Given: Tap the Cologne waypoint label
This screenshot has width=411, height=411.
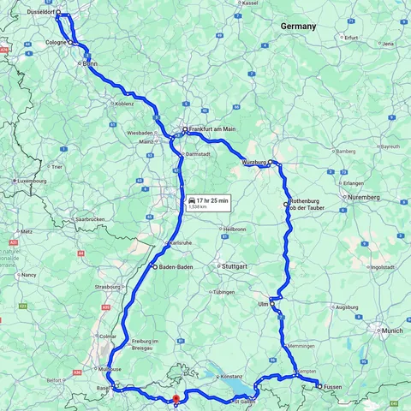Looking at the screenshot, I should (x=56, y=42).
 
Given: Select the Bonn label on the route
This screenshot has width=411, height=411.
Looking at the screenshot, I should (x=91, y=63).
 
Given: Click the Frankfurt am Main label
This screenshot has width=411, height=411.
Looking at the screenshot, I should (x=211, y=129).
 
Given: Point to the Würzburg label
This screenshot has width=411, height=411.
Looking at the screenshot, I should (x=254, y=162).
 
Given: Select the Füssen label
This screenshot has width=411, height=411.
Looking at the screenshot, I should (x=333, y=387).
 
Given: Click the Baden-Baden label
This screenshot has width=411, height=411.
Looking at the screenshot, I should (x=176, y=267).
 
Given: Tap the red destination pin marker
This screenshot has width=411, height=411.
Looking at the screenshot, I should (x=176, y=398).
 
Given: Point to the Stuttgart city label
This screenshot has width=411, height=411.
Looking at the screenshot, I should (x=234, y=266).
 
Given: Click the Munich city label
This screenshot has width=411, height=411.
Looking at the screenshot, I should (x=392, y=330).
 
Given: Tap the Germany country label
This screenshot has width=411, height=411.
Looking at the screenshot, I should (x=298, y=27).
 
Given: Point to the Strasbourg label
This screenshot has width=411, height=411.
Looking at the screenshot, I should (x=109, y=287).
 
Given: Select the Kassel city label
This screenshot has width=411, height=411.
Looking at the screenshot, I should (x=250, y=3).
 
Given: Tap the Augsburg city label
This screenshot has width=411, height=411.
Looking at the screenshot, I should (x=347, y=307).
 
